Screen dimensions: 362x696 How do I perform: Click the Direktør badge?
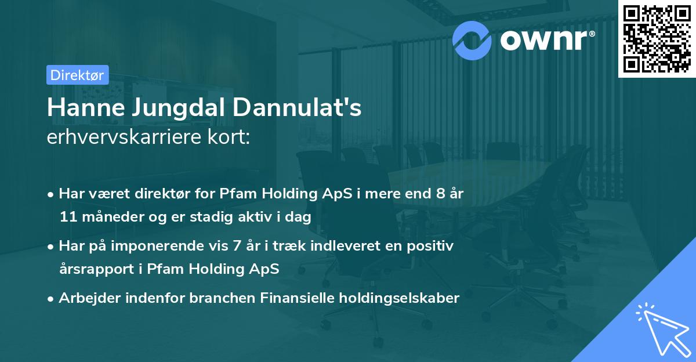pos(77,75)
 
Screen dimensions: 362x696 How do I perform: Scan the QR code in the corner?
pos(657,38)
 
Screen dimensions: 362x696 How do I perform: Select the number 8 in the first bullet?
pos(441,193)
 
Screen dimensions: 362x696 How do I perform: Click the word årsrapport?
pos(93,270)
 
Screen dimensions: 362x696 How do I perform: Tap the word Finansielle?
pos(280,298)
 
